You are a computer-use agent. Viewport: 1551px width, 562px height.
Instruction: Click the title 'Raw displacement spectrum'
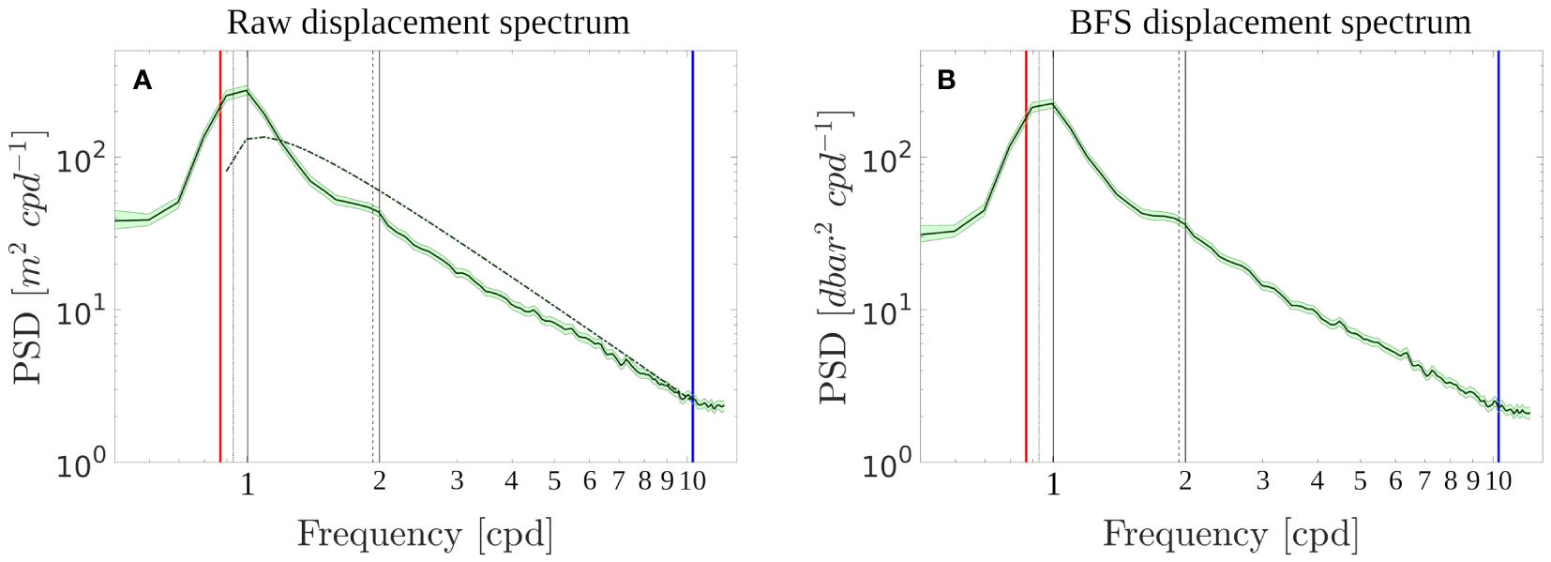pos(429,22)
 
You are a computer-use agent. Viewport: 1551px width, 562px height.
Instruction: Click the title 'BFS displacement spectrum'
pos(1270,22)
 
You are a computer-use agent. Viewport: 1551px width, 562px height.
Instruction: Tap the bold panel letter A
pos(142,81)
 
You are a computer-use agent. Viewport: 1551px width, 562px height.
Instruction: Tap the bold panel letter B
pos(946,81)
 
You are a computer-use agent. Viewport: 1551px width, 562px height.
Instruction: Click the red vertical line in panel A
pos(220,281)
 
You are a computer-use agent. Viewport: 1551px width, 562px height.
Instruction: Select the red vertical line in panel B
pos(1027,281)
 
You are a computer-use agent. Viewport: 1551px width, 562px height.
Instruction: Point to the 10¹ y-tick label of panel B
pos(886,313)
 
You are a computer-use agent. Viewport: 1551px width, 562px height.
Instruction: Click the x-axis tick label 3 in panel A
pos(457,482)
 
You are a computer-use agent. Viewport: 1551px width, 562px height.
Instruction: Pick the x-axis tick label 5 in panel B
pos(1361,482)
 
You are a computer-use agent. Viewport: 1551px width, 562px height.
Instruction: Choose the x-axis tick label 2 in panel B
pos(1185,482)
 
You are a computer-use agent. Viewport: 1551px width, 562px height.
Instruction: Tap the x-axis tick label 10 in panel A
pos(692,482)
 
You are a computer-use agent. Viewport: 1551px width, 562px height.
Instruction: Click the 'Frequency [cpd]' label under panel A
pos(425,535)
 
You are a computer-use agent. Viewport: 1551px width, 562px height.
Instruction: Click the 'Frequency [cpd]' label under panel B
pos(1230,535)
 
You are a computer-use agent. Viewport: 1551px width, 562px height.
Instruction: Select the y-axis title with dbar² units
pos(834,258)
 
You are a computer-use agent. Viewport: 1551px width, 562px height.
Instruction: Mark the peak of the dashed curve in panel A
pos(265,137)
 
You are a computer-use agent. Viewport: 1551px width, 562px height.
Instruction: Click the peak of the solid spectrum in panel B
pos(1054,103)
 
